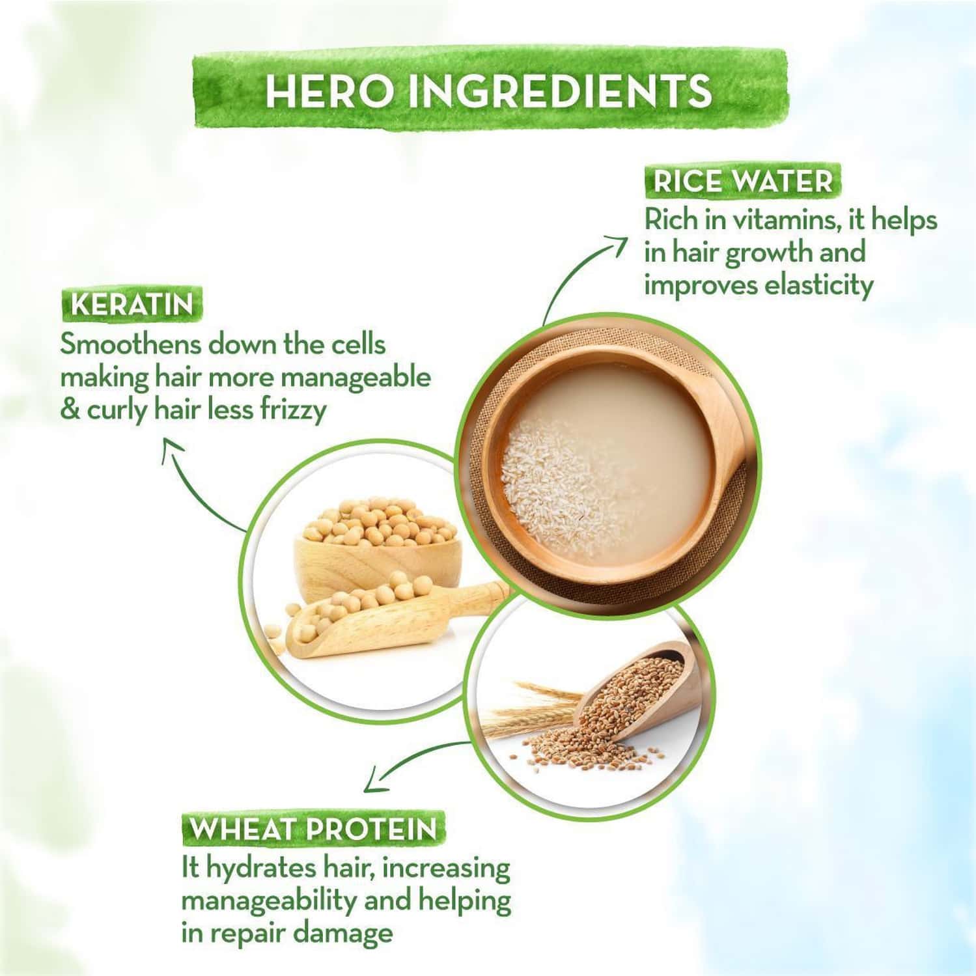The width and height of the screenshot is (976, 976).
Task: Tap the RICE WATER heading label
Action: pos(742,182)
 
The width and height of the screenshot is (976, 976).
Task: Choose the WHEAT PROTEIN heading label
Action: pos(313,830)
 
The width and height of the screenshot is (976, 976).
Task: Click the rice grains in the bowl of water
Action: pos(553,475)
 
